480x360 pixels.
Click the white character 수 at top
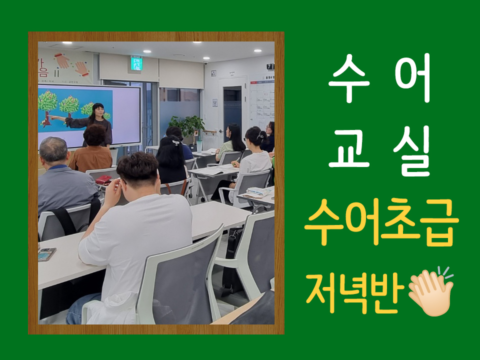coord(347,78)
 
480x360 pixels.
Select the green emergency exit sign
coord(136,63)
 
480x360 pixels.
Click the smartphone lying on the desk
coord(47,254)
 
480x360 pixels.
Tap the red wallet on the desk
coord(103,179)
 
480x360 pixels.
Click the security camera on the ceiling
coord(205,63)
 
